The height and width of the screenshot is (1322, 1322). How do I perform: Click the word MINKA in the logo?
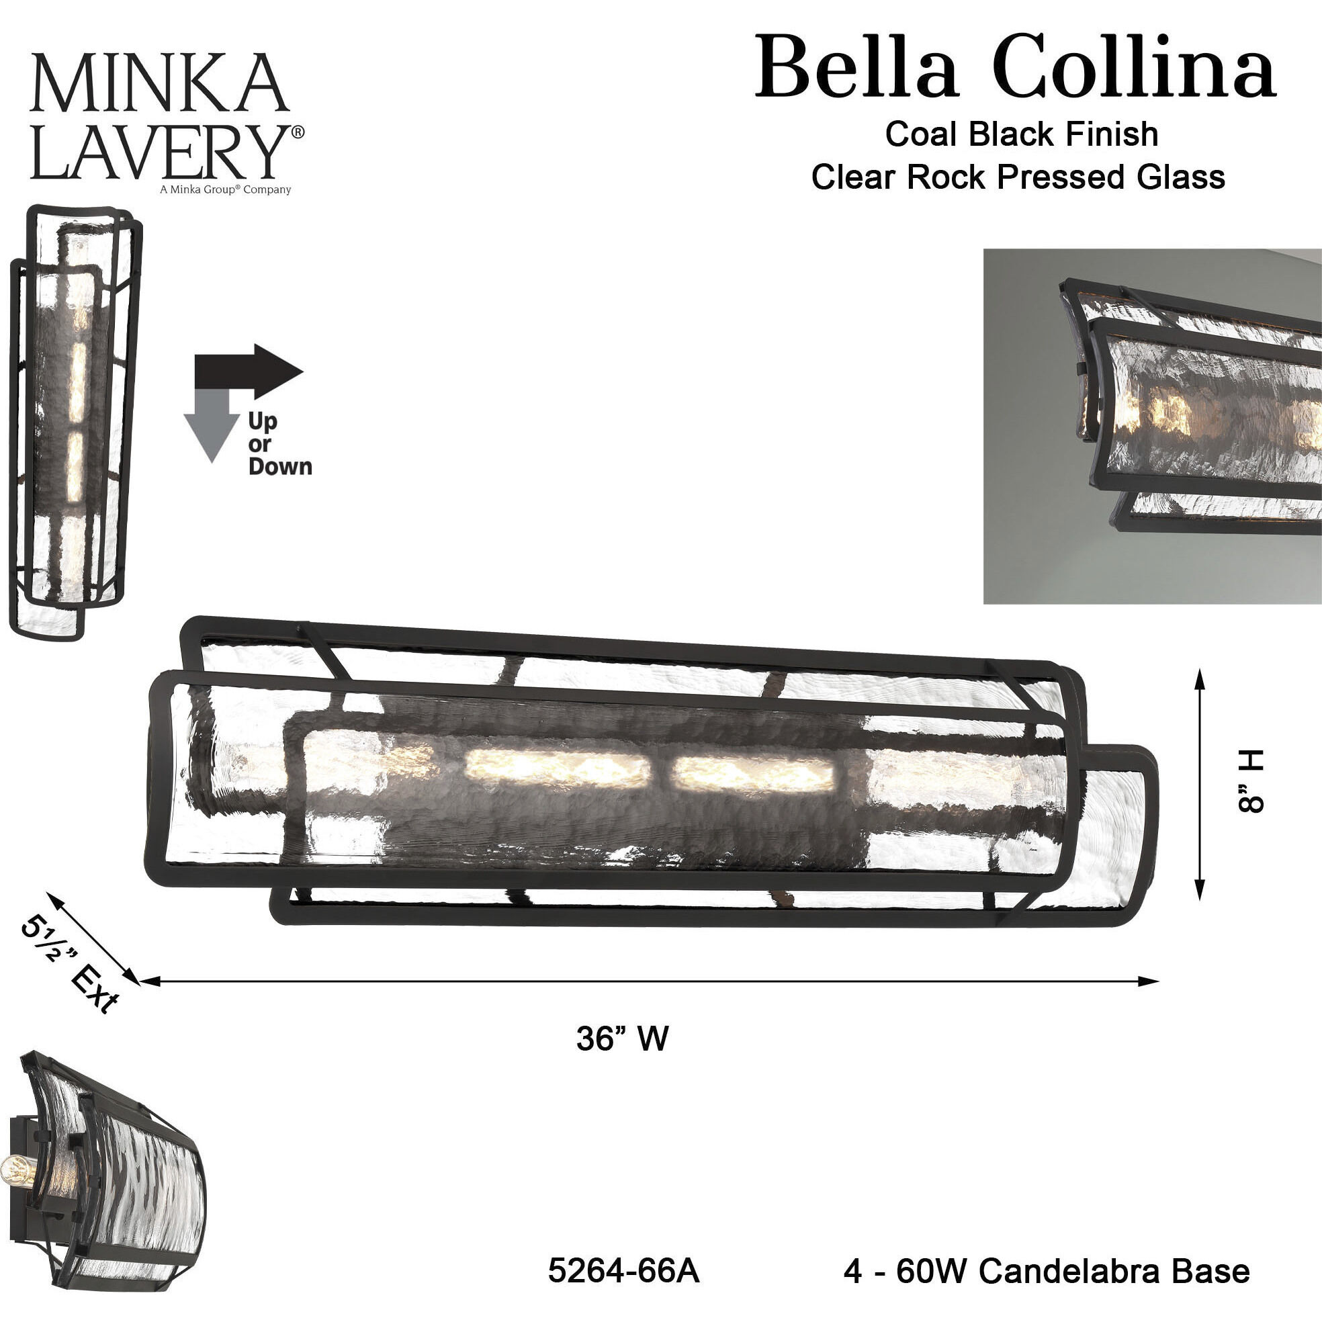[x=159, y=83]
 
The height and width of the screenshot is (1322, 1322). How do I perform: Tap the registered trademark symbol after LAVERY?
[x=298, y=132]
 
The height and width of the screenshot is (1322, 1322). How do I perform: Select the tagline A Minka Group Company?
[x=225, y=189]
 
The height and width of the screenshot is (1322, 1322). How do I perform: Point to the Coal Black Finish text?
[x=1021, y=134]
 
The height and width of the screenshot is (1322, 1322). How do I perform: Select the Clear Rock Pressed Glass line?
[x=1018, y=177]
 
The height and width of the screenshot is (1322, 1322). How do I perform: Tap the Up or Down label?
[x=279, y=444]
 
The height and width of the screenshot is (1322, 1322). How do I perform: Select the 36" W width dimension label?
[x=621, y=1038]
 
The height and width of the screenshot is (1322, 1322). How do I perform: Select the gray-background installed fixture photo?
[x=1151, y=426]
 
